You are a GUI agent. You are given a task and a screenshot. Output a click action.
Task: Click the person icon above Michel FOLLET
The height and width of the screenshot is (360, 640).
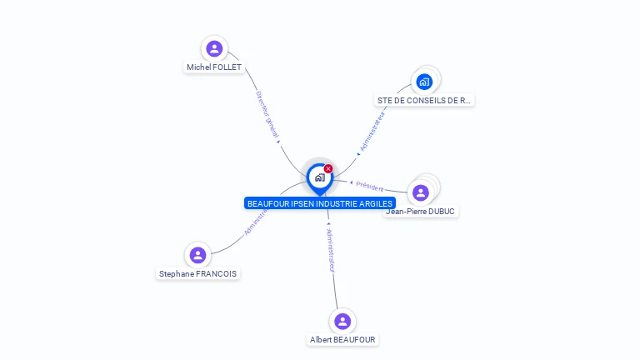pyautogui.click(x=214, y=48)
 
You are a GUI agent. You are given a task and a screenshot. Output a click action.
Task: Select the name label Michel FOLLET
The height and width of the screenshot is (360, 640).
pyautogui.click(x=214, y=67)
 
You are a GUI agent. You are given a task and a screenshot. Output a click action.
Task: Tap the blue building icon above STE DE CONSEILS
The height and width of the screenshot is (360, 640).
pyautogui.click(x=424, y=82)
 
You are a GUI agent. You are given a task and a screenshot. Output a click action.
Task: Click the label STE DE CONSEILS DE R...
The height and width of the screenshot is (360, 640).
pyautogui.click(x=424, y=100)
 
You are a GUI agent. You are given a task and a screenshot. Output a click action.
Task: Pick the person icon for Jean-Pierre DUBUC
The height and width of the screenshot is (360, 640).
pyautogui.click(x=421, y=192)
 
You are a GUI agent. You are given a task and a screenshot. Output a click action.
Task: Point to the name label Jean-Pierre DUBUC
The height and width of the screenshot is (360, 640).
pyautogui.click(x=421, y=212)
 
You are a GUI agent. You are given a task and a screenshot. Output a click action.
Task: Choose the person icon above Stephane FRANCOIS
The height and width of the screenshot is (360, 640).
pyautogui.click(x=197, y=255)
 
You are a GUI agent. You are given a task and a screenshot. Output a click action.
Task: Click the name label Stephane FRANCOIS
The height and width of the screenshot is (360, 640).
pyautogui.click(x=197, y=273)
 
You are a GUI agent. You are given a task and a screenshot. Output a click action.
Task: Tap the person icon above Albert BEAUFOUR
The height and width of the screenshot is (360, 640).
pyautogui.click(x=342, y=321)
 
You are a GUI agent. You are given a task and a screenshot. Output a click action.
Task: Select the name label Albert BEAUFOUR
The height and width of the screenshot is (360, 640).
pyautogui.click(x=342, y=340)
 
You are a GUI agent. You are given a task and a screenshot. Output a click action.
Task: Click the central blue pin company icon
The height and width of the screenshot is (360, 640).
pyautogui.click(x=319, y=177)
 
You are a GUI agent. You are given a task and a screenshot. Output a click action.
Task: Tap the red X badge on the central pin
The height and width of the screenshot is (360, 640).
pyautogui.click(x=328, y=169)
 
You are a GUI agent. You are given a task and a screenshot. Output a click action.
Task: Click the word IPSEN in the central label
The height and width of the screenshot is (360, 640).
pyautogui.click(x=298, y=203)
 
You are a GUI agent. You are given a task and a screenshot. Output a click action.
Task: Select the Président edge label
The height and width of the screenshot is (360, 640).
pyautogui.click(x=369, y=187)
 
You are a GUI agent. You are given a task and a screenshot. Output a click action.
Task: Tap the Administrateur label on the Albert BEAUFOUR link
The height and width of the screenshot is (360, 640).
pyautogui.click(x=330, y=250)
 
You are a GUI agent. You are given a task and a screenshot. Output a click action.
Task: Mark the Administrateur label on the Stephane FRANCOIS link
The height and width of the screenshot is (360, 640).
pyautogui.click(x=256, y=219)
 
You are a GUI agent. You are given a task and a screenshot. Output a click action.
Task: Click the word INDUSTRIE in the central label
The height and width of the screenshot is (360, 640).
pyautogui.click(x=335, y=203)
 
